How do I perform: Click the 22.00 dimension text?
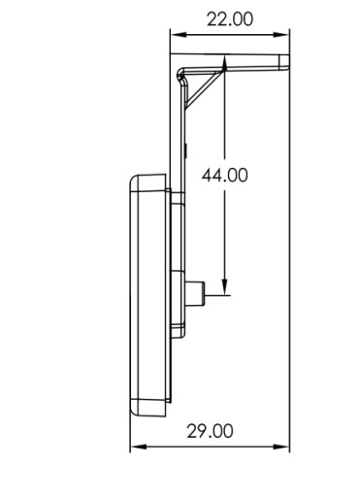tap(230, 19)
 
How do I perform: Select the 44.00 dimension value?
tap(224, 176)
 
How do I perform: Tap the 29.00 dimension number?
tap(210, 431)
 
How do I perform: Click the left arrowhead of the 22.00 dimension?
tap(179, 34)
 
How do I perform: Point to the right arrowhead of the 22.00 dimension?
tap(281, 34)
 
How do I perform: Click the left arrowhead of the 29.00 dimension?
tap(139, 447)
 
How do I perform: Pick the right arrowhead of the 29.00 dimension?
tap(281, 447)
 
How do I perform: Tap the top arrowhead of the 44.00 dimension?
tap(225, 63)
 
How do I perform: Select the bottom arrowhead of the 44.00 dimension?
tap(225, 287)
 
